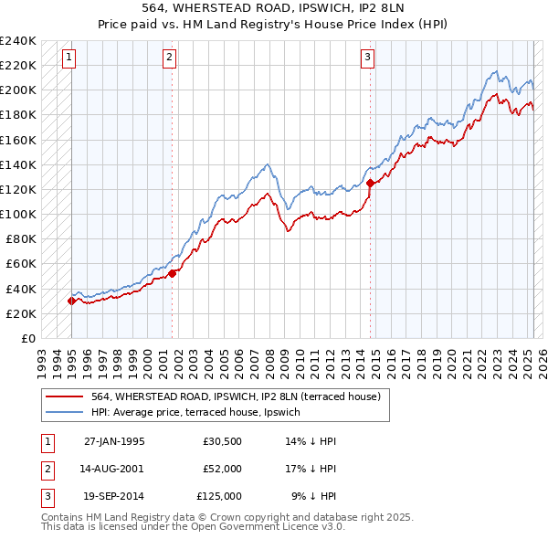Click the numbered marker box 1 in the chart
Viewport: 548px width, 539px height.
coord(69,58)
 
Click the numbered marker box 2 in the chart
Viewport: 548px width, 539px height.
coord(170,58)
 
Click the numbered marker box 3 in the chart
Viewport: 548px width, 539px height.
coord(367,58)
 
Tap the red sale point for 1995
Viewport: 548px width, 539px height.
coord(71,301)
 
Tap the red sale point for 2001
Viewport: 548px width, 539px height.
coord(172,273)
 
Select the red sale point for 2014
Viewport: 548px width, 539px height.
coord(370,183)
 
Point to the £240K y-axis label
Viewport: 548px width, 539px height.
coord(18,41)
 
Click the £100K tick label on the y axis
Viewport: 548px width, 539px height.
coord(18,214)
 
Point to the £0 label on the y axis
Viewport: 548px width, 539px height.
coord(27,338)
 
